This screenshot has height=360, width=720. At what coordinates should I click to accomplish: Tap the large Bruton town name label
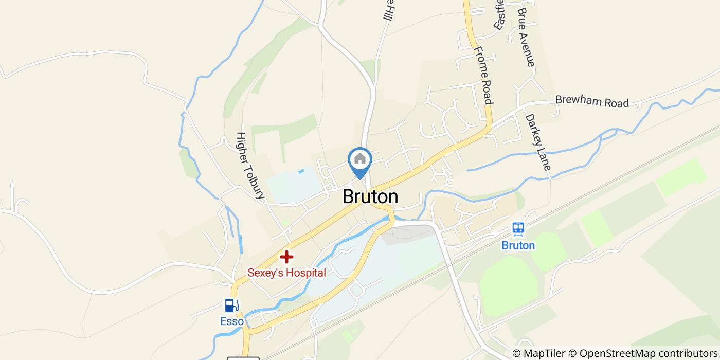click(x=370, y=197)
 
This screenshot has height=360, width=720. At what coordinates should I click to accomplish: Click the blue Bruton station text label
click(x=518, y=245)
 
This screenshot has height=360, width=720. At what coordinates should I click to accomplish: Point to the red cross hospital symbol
click(x=286, y=256)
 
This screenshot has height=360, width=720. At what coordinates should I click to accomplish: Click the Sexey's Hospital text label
click(x=286, y=273)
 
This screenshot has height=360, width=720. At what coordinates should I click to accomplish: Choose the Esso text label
click(x=231, y=321)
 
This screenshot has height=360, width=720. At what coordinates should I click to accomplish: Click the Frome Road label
click(x=483, y=75)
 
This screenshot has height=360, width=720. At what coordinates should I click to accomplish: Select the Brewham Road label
click(x=592, y=101)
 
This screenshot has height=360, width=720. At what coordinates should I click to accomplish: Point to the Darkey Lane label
click(x=538, y=142)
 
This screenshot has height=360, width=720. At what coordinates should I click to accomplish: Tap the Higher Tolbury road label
click(x=250, y=165)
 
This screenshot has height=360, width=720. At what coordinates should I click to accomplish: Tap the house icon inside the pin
click(x=360, y=158)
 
